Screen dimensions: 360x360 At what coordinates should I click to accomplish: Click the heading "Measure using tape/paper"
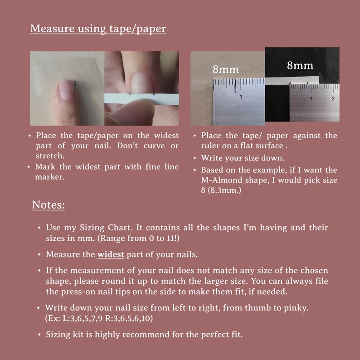pyautogui.click(x=98, y=29)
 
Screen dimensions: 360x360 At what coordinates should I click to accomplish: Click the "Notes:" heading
pyautogui.click(x=48, y=205)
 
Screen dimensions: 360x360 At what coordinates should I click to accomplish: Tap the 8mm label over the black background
pyautogui.click(x=300, y=65)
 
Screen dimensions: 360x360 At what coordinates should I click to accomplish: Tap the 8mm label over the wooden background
pyautogui.click(x=225, y=69)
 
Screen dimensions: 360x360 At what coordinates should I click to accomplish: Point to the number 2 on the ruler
pyautogui.click(x=333, y=98)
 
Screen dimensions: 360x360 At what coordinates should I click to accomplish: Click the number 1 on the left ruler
pyautogui.click(x=241, y=97)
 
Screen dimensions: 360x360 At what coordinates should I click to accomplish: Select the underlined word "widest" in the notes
pyautogui.click(x=111, y=254)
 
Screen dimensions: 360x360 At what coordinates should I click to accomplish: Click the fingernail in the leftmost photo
pyautogui.click(x=66, y=89)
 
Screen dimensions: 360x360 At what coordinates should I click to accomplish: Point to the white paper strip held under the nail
pyautogui.click(x=141, y=99)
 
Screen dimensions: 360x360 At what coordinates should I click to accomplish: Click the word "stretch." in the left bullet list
pyautogui.click(x=50, y=156)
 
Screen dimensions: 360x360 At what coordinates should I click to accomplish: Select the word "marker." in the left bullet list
pyautogui.click(x=49, y=177)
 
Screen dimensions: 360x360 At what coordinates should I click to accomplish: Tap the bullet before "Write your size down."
pyautogui.click(x=195, y=158)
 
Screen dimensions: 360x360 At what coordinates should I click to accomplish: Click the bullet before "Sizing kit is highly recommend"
pyautogui.click(x=39, y=335)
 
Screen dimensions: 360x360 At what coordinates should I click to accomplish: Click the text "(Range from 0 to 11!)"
pyautogui.click(x=138, y=238)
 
